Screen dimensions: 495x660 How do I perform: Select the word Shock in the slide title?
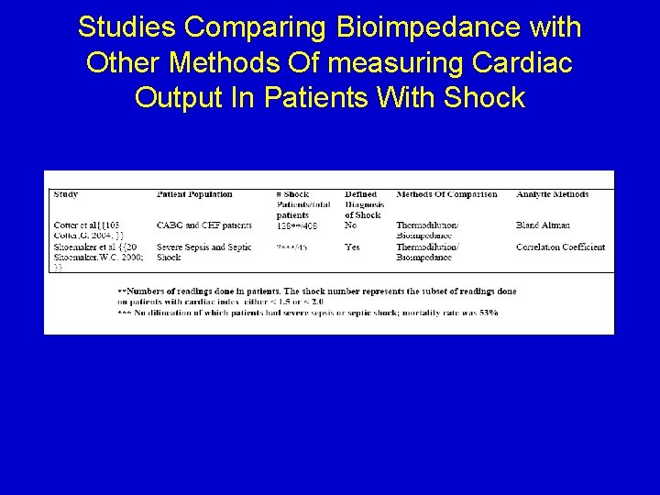[484, 97]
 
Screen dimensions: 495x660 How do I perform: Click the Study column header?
[66, 194]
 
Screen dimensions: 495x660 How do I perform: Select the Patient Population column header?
[194, 194]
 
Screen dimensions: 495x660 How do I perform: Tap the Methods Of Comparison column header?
[446, 194]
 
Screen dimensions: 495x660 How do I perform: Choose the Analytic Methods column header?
[552, 194]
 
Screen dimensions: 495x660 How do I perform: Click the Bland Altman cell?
[543, 225]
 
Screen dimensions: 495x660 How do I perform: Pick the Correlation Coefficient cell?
[560, 247]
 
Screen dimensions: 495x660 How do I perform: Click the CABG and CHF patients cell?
[203, 225]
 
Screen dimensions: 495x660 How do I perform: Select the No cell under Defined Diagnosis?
[351, 225]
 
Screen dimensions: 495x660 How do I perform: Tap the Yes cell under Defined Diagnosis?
[353, 247]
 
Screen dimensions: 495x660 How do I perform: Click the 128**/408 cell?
[297, 225]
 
